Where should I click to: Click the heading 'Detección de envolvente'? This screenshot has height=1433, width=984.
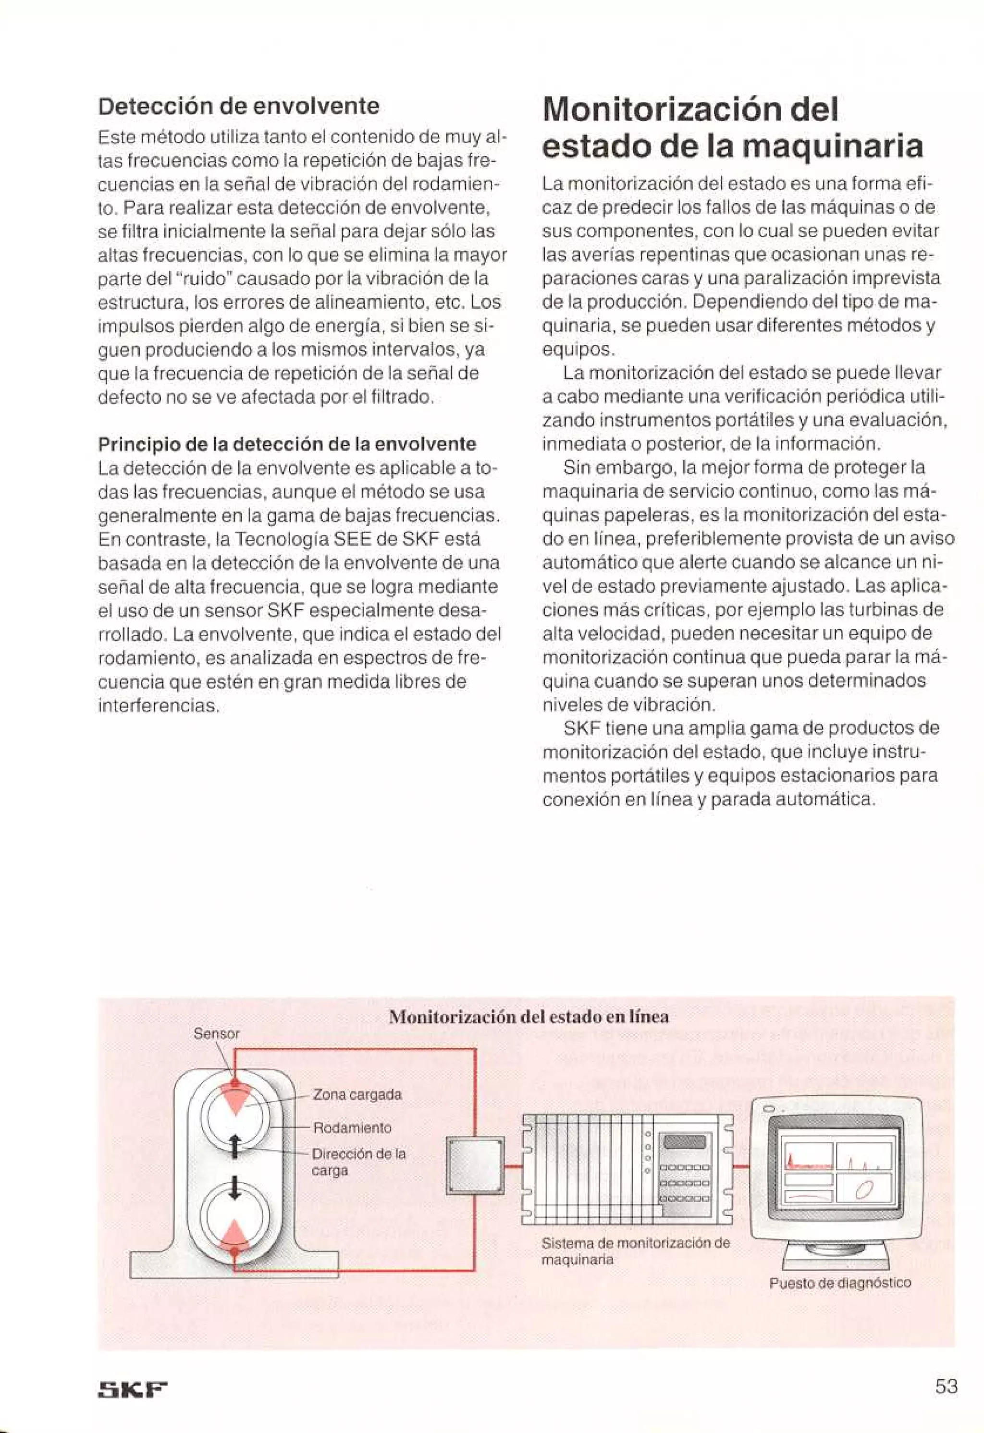239,106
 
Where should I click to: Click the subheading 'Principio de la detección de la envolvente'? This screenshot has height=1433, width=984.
287,444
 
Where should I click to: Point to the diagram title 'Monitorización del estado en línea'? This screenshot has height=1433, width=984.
529,1016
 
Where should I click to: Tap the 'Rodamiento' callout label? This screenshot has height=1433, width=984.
352,1128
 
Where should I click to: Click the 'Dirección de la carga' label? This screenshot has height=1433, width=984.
358,1162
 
